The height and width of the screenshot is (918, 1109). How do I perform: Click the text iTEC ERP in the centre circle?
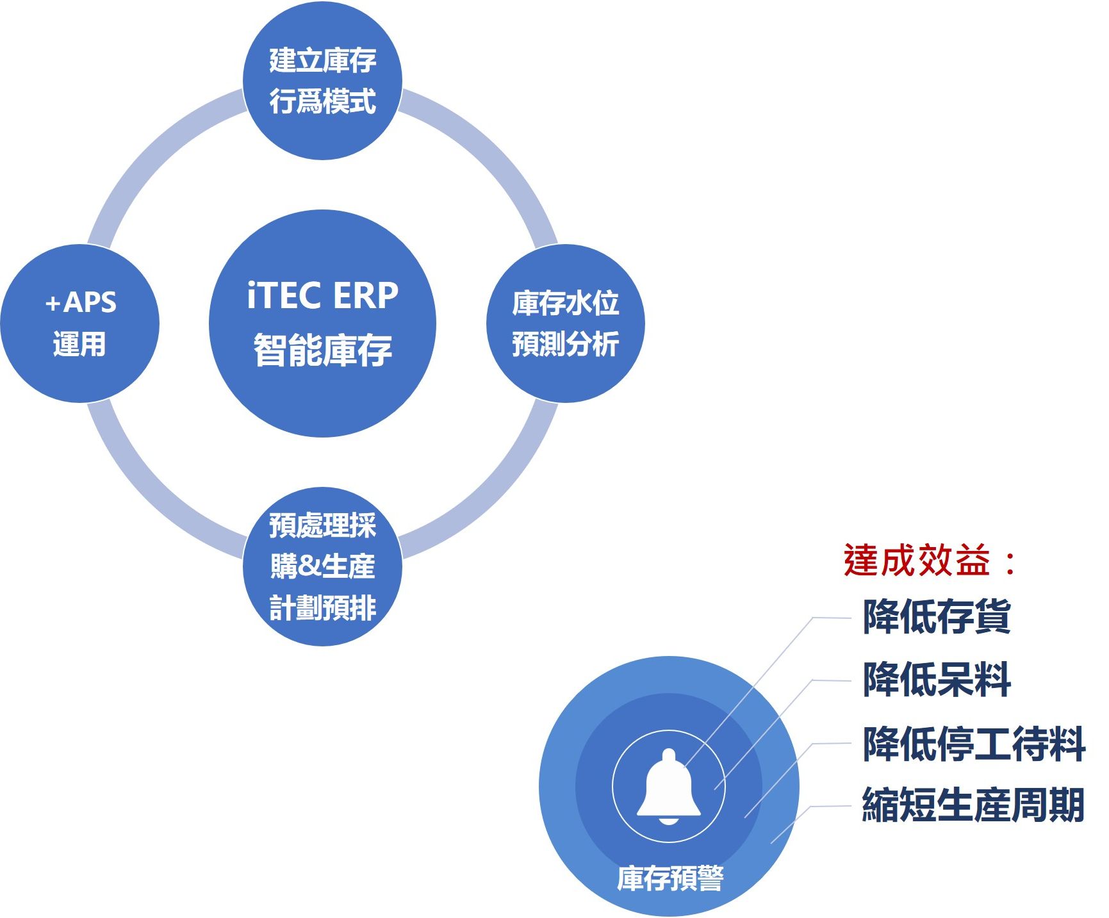click(323, 295)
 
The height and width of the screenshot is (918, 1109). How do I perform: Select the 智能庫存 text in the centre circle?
click(323, 350)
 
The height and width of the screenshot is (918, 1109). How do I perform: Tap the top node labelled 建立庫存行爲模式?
click(322, 81)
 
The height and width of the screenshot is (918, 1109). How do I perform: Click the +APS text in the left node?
click(81, 302)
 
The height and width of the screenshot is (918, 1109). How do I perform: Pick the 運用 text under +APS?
click(79, 344)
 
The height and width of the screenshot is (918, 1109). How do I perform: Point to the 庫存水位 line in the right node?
click(565, 303)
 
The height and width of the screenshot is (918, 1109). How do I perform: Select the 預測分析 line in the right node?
click(565, 344)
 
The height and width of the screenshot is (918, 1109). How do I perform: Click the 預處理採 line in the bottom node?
click(322, 525)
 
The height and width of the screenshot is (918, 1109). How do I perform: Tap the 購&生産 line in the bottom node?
click(322, 566)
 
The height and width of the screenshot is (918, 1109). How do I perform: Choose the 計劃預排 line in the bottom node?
click(322, 608)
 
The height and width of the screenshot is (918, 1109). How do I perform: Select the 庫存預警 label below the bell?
click(670, 878)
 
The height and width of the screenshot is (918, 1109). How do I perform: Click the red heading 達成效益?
click(917, 561)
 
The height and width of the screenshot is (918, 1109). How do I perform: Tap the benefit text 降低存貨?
click(937, 617)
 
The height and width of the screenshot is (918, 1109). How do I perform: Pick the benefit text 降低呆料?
click(937, 680)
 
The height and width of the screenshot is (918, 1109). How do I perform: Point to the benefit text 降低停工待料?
click(974, 744)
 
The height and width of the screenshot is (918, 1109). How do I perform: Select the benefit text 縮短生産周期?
click(974, 805)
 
